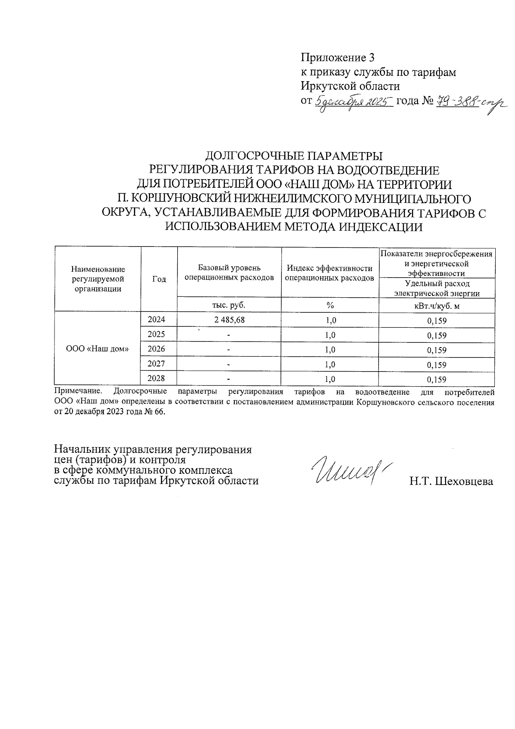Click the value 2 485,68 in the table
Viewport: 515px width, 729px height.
[229, 320]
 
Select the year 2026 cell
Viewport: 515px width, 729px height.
[156, 349]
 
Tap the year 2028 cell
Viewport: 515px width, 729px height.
[156, 378]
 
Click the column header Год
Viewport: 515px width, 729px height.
[159, 279]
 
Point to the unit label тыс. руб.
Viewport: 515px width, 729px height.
[229, 305]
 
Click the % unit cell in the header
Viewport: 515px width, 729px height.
[330, 305]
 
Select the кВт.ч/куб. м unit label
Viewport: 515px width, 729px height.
[436, 306]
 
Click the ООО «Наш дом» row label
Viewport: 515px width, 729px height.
[98, 349]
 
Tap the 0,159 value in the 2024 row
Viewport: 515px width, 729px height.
[436, 321]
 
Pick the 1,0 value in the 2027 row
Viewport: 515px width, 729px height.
[330, 365]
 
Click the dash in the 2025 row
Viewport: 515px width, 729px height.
[229, 335]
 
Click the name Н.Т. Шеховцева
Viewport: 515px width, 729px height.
[451, 482]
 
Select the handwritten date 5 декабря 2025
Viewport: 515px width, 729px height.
[354, 102]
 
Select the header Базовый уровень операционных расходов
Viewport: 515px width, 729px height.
[229, 273]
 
